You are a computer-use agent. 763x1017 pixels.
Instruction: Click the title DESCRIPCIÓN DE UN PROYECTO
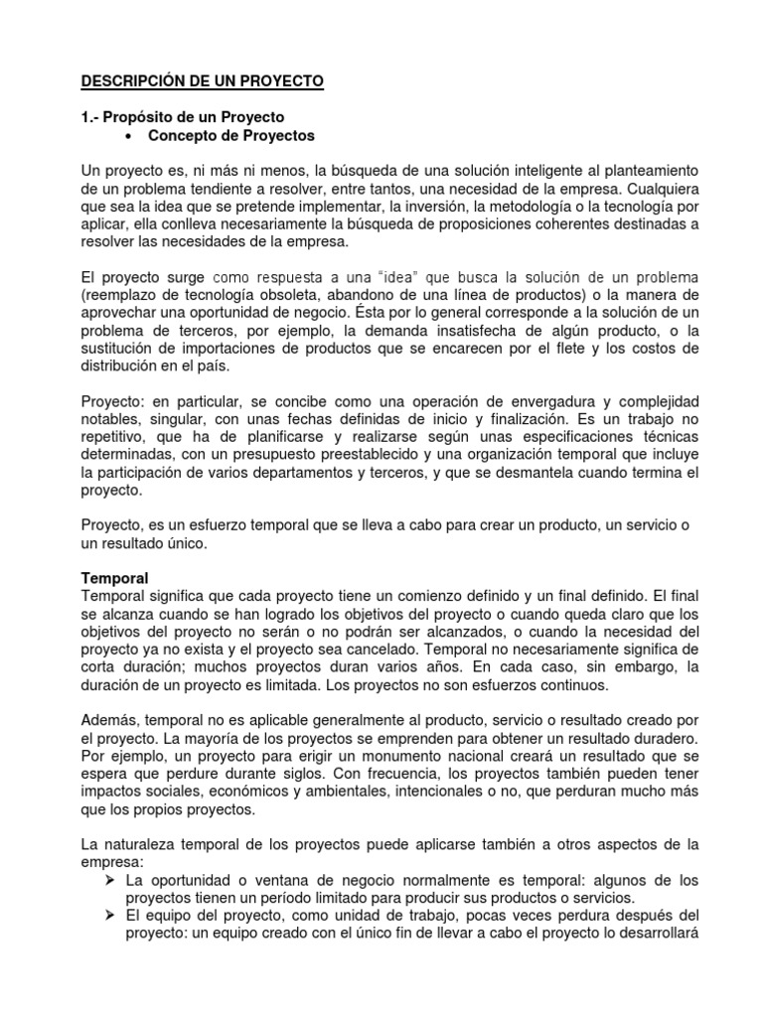tap(203, 80)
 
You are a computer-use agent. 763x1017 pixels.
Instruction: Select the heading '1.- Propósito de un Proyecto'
tap(182, 117)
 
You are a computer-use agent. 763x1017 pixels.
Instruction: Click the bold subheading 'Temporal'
tap(114, 578)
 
